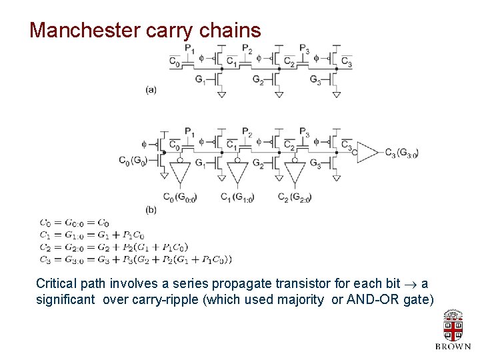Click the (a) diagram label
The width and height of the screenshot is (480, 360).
pyautogui.click(x=151, y=89)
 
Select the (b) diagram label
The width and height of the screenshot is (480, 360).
pyautogui.click(x=151, y=209)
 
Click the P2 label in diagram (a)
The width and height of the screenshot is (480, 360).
pyautogui.click(x=247, y=49)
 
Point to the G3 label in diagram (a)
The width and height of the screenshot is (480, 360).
pyautogui.click(x=315, y=79)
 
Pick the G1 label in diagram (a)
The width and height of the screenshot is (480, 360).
pyautogui.click(x=201, y=79)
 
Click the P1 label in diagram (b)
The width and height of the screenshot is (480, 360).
pyautogui.click(x=189, y=131)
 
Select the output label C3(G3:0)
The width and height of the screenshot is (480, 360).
pyautogui.click(x=401, y=153)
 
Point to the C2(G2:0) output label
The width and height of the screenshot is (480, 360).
pyautogui.click(x=293, y=197)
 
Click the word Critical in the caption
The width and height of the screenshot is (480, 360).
pyautogui.click(x=57, y=283)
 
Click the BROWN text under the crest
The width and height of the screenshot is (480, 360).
pyautogui.click(x=453, y=347)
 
